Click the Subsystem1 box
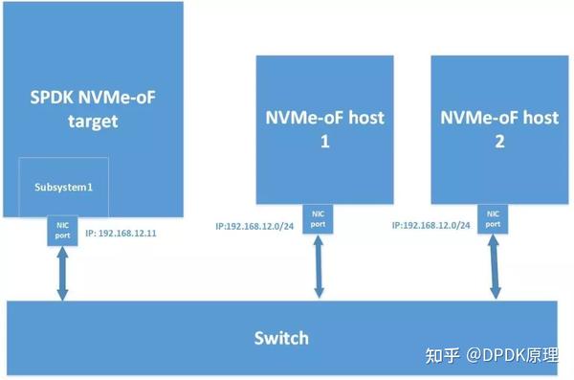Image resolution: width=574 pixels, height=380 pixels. [x=64, y=186]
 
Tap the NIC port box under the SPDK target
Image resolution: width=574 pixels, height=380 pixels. [x=63, y=230]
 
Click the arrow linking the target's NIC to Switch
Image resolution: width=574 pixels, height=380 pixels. [x=63, y=274]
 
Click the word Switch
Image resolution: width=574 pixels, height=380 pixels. [x=281, y=338]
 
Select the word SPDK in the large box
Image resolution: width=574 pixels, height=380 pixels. [x=53, y=96]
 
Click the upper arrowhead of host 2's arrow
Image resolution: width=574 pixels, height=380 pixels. [x=494, y=241]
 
